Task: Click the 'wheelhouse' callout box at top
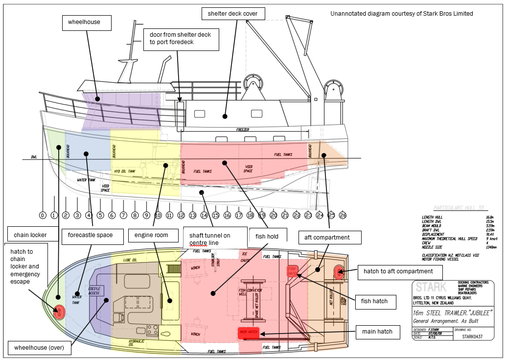point(87,23)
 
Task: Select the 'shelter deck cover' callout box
point(233,14)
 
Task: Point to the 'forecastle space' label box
point(90,235)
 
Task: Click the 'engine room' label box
point(152,235)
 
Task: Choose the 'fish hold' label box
point(267,237)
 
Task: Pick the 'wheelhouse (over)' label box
point(39,348)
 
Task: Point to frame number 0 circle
point(43,215)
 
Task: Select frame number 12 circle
point(181,215)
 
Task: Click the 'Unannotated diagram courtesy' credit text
point(402,14)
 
